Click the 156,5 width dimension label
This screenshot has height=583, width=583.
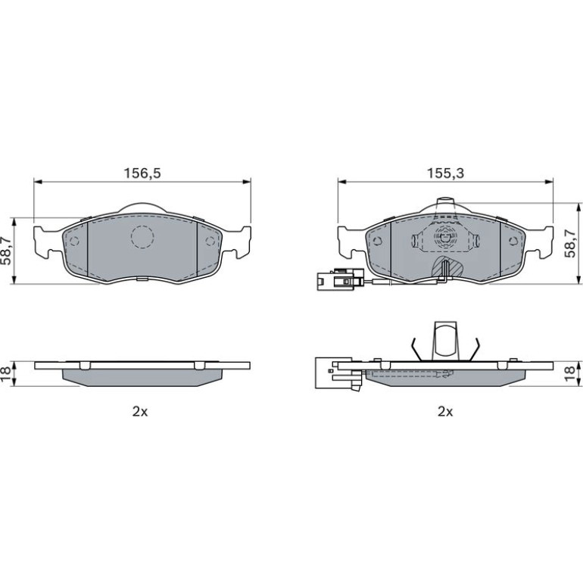point(142,173)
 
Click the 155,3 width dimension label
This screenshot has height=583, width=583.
point(445,173)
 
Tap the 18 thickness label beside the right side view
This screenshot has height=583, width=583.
point(569,373)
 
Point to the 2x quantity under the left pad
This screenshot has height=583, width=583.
point(140,412)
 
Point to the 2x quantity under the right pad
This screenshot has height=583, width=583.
point(445,412)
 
